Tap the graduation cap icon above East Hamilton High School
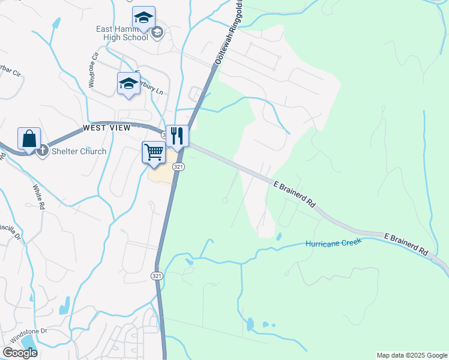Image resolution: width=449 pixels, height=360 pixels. [x=143, y=18]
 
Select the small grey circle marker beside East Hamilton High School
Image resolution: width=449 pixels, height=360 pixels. [x=157, y=32]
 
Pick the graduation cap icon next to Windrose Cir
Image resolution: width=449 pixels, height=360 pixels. [x=128, y=83]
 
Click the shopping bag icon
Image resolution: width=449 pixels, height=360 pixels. [x=29, y=139]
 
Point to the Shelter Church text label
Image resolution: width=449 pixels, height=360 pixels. [x=79, y=151]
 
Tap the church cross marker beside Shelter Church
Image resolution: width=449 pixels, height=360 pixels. [x=42, y=151]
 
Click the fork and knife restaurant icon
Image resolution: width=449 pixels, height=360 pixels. [x=177, y=136]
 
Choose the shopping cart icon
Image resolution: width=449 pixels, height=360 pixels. [x=154, y=152]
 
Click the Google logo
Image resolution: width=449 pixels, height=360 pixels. [x=20, y=353]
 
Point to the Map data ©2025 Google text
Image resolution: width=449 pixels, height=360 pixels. [x=412, y=355]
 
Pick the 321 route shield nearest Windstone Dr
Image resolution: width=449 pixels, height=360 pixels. [x=157, y=275]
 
